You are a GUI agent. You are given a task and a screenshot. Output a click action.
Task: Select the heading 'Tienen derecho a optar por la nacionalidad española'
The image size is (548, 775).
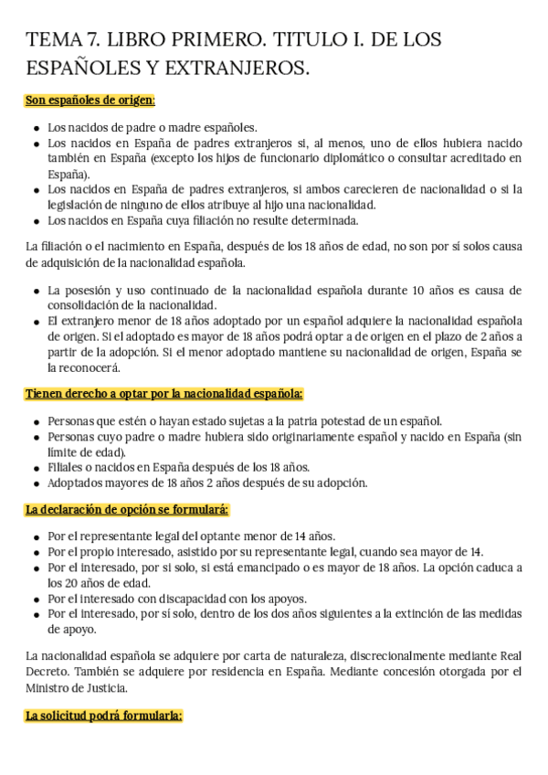pos(164,394)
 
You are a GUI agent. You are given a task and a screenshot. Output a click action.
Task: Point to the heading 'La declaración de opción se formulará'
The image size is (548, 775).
pos(127,509)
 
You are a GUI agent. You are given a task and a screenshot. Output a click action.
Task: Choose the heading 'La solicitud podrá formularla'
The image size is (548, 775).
pos(104,716)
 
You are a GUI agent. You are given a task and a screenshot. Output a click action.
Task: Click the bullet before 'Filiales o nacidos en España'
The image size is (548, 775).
pos(36,467)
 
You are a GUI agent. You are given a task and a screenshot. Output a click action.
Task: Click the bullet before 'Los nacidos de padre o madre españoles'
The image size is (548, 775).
pos(36,129)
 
